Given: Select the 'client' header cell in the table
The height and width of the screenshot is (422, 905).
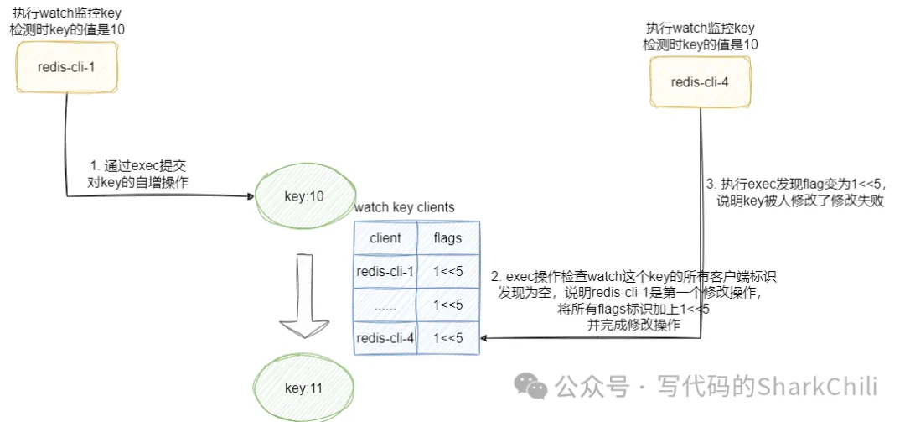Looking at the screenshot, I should click(x=385, y=238).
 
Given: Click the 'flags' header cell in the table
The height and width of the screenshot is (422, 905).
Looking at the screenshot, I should click(x=447, y=238).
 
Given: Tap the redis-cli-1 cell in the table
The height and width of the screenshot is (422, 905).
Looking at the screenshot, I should click(x=385, y=271).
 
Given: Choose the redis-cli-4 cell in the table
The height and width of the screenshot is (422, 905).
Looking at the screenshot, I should click(x=385, y=337).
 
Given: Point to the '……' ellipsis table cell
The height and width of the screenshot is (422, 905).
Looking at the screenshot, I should click(x=385, y=305).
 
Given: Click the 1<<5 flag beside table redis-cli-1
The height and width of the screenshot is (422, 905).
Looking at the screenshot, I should click(x=447, y=271).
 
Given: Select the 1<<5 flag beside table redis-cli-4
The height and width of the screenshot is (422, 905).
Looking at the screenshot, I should click(x=447, y=337).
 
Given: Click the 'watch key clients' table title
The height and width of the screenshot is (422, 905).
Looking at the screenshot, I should click(x=405, y=207).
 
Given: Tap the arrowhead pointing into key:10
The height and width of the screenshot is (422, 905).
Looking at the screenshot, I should click(x=251, y=197).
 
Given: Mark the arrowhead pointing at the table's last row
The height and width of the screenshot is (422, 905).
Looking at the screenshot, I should click(x=485, y=338).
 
